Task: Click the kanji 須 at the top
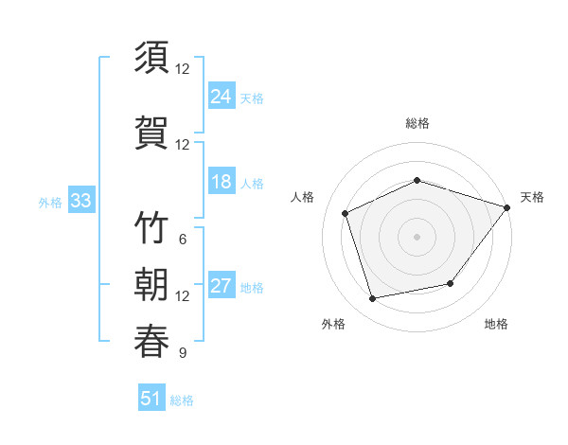tap(151, 59)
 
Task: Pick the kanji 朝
tap(151, 285)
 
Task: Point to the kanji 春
tap(151, 340)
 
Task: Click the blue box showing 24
tap(221, 97)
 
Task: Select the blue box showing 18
tap(221, 182)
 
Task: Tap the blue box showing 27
tap(221, 286)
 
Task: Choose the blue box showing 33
tap(80, 201)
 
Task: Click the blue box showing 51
tap(151, 399)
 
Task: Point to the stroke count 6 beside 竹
tap(182, 239)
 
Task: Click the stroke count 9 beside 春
tap(182, 353)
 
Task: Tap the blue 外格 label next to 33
tap(50, 202)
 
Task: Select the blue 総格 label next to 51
tap(182, 400)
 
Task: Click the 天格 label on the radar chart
tap(532, 197)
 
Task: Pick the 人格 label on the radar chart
tap(303, 197)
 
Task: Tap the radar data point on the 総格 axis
tap(417, 180)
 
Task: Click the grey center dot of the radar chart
tap(417, 236)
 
